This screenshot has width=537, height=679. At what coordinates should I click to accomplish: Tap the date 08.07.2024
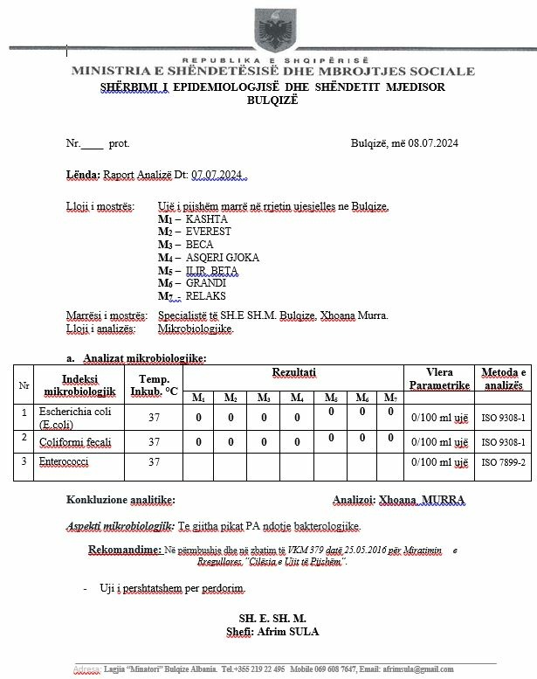tap(433, 142)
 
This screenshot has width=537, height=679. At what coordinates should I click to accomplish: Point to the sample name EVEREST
tap(208, 232)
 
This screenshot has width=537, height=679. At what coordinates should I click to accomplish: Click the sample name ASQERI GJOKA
tap(222, 258)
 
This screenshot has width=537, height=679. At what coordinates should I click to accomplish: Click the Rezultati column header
tap(294, 373)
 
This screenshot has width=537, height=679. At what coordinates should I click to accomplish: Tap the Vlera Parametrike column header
tap(439, 378)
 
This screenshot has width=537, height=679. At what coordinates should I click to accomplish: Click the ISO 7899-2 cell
tap(503, 461)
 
